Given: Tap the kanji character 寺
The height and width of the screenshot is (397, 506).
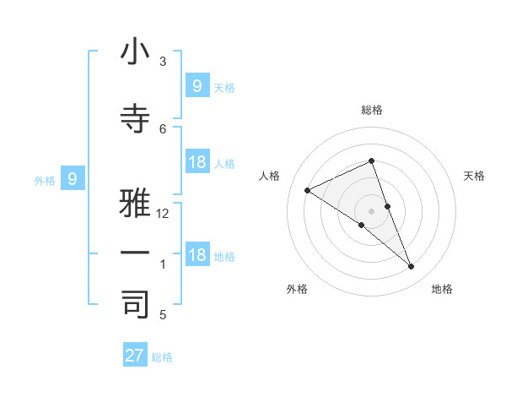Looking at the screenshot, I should [136, 119].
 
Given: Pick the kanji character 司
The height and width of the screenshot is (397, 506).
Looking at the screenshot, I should [136, 304].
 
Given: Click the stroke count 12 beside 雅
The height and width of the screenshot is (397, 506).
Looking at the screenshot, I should [163, 214].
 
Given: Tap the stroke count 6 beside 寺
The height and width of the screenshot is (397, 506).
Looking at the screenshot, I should [163, 128].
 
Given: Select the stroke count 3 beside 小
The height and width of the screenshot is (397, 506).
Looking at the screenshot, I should [163, 62].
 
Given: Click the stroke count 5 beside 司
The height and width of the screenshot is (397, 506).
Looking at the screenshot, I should [163, 315].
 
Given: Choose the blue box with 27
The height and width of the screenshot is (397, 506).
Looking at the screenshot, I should [135, 356].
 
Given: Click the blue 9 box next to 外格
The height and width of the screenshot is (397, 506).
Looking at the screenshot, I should [73, 179].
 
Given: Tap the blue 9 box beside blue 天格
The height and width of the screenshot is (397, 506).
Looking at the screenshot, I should [196, 85].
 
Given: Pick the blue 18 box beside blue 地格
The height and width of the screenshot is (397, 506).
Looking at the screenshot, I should [196, 255].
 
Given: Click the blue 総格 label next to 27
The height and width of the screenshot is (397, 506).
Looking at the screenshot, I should [162, 357].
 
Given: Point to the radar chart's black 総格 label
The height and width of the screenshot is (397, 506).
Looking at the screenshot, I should [371, 110].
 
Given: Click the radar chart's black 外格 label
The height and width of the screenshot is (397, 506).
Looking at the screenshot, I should [297, 289].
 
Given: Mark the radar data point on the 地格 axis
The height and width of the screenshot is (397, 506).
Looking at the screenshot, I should [412, 267].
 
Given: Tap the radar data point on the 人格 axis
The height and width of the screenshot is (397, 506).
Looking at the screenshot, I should [308, 191].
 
